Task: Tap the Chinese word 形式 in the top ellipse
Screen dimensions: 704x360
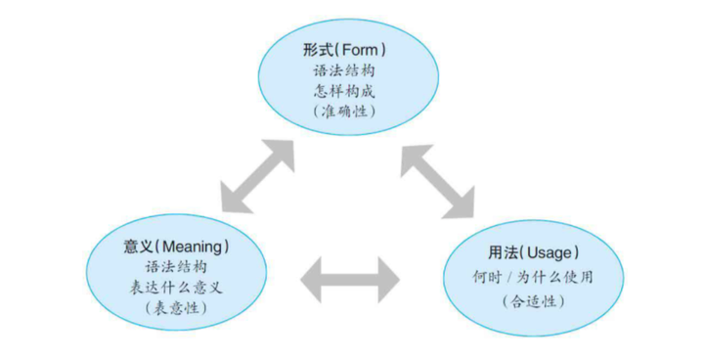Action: point(320,48)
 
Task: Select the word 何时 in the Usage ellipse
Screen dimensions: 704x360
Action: point(486,276)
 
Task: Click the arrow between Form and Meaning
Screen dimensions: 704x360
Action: point(258,174)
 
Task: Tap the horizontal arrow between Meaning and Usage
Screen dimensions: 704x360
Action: point(349,280)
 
